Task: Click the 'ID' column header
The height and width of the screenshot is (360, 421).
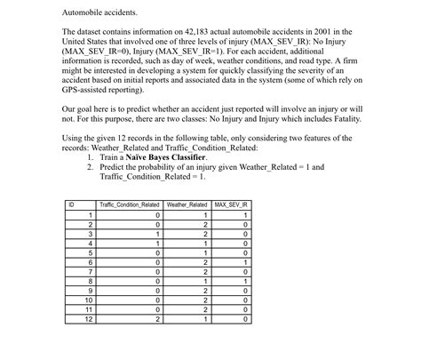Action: click(71, 204)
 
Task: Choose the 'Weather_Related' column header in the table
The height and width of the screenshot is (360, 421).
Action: click(187, 204)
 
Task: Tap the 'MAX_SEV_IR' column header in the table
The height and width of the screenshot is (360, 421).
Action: click(232, 204)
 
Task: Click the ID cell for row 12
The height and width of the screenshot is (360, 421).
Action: click(88, 343)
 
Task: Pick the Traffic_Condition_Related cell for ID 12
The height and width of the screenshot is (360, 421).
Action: click(157, 343)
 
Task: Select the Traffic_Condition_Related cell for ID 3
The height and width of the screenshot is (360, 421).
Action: click(157, 233)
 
